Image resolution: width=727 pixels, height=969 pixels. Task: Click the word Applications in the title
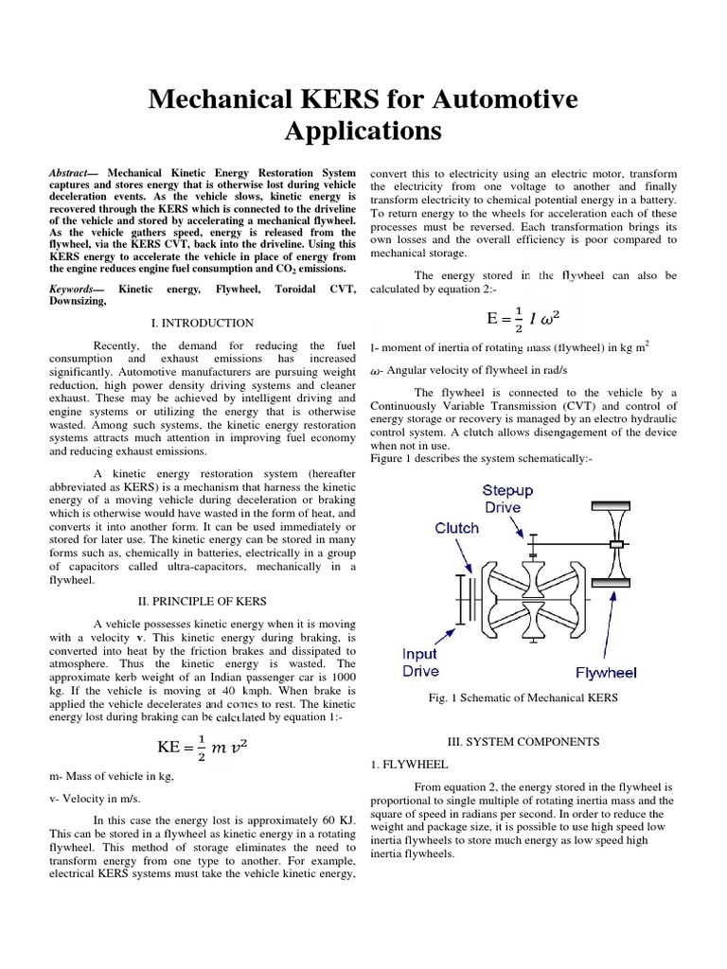click(x=363, y=131)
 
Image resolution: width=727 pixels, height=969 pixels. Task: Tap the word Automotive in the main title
click(x=498, y=97)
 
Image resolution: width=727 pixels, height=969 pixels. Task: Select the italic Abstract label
click(x=70, y=174)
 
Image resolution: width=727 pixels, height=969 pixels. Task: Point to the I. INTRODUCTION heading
click(x=203, y=323)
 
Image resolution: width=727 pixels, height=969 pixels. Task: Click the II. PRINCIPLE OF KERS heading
click(x=202, y=601)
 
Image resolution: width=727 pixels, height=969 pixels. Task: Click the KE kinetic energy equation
click(x=203, y=747)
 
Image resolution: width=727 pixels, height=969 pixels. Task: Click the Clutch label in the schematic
click(x=456, y=527)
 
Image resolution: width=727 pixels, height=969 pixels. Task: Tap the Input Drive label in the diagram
click(x=419, y=662)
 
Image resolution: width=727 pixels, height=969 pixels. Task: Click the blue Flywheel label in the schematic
click(x=606, y=673)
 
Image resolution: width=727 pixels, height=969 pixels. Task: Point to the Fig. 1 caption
click(x=523, y=697)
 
